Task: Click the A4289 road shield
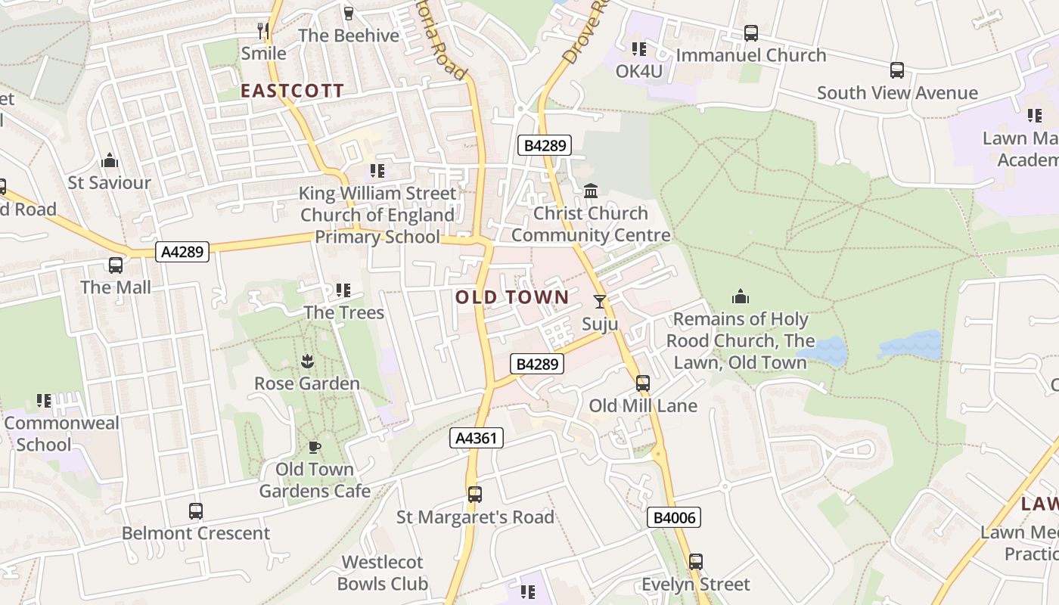click(182, 252)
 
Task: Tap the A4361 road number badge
click(476, 438)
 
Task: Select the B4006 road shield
click(674, 518)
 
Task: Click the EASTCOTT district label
click(292, 92)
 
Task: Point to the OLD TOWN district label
click(512, 297)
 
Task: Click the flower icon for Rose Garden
click(307, 361)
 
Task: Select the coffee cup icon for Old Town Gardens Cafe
click(315, 448)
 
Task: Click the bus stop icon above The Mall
click(116, 265)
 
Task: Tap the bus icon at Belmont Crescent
click(196, 511)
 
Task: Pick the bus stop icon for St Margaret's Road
click(475, 495)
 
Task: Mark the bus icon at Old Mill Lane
click(643, 383)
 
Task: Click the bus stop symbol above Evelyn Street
click(696, 562)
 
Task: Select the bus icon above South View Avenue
click(897, 70)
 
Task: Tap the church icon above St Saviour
click(110, 160)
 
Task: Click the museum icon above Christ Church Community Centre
click(591, 191)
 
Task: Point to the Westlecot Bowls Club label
click(382, 573)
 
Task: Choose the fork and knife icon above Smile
click(263, 30)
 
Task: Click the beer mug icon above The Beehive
click(348, 13)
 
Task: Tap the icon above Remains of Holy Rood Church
click(741, 296)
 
